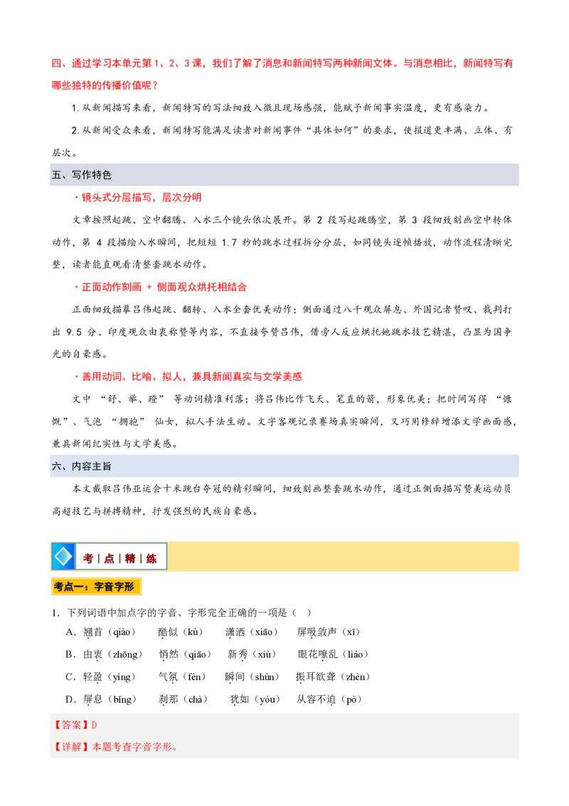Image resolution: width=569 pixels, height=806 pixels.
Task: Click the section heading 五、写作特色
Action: (81, 175)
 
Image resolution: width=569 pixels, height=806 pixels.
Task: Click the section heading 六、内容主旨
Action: (81, 466)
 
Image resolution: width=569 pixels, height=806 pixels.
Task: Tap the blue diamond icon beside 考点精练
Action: (63, 556)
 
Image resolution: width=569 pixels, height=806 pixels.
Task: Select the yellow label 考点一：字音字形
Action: (95, 587)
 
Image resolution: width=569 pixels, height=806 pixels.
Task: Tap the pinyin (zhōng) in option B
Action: (124, 654)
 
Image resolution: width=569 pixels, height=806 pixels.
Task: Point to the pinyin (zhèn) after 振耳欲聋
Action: (355, 677)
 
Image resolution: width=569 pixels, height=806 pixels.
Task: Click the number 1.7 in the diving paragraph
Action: (230, 242)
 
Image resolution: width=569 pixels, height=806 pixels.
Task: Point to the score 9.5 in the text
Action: (74, 332)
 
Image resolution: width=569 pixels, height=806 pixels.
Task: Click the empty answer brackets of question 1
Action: (302, 612)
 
